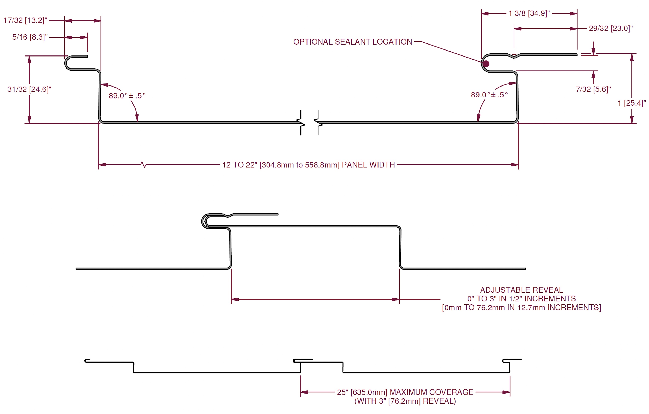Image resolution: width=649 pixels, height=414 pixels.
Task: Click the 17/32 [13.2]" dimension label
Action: [25, 20]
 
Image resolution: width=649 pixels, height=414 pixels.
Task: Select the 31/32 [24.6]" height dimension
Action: [29, 89]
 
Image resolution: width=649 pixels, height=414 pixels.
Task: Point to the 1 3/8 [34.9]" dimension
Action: [529, 13]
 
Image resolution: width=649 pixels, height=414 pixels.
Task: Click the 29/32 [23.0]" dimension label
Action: [611, 29]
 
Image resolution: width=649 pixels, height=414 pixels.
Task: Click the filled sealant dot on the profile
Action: [486, 64]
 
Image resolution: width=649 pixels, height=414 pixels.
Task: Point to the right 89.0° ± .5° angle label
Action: [489, 95]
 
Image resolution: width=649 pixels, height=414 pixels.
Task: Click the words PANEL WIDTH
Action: [368, 165]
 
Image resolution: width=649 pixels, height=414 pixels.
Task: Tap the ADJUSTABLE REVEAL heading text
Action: [522, 290]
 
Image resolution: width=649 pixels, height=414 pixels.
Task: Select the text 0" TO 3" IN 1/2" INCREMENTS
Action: [522, 299]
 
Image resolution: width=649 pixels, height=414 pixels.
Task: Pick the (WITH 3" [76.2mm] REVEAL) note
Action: [405, 401]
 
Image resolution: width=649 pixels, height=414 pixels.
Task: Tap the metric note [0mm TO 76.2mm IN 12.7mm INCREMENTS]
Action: [522, 308]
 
